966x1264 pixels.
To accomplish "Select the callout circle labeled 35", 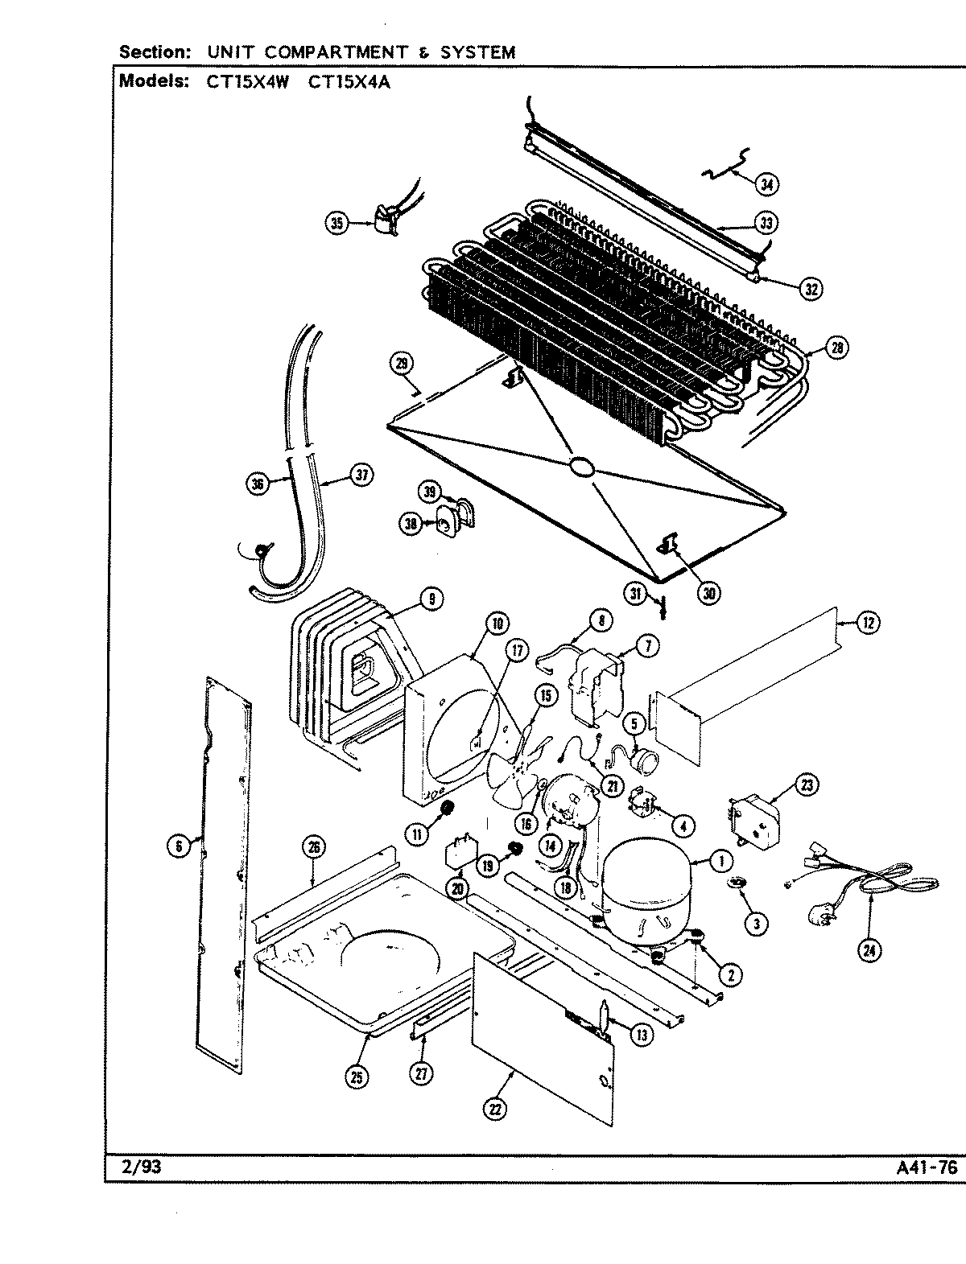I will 338,223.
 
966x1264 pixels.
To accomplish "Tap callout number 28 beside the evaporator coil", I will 836,348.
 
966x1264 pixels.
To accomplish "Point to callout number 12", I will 867,622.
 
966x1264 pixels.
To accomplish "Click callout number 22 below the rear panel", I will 494,1109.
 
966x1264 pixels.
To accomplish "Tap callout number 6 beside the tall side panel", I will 178,845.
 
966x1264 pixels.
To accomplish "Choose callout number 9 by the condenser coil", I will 431,599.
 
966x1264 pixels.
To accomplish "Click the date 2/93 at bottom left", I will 135,1167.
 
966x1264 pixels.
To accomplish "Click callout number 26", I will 314,846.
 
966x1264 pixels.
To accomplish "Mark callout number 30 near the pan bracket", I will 709,594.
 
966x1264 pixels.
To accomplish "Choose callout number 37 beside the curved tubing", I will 362,476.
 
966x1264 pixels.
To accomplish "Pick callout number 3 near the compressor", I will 755,924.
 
